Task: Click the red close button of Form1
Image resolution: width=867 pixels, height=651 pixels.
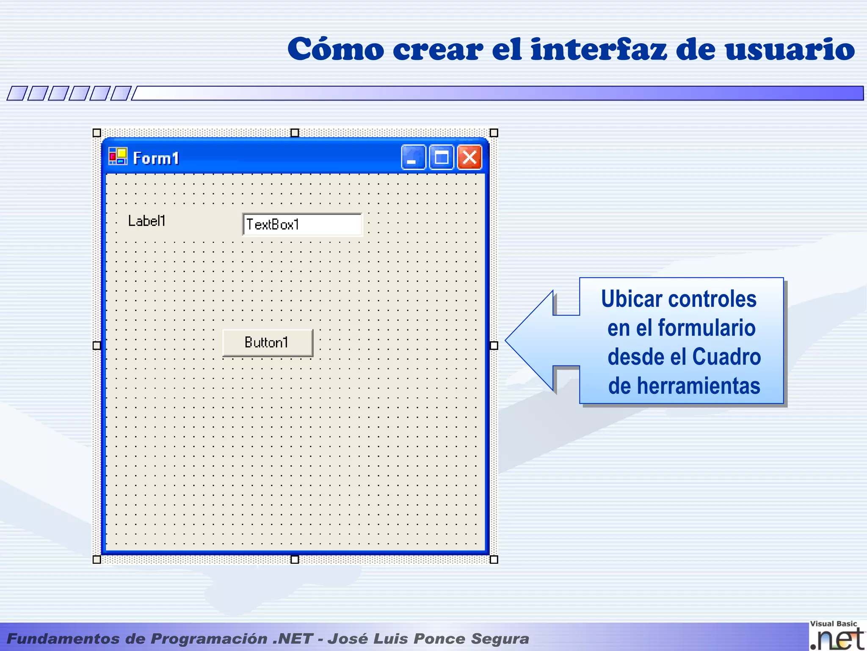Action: tap(469, 158)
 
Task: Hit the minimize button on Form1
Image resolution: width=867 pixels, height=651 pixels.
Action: tap(413, 158)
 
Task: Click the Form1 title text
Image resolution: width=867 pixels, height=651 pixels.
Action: tap(156, 159)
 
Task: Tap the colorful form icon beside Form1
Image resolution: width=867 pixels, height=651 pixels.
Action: tap(118, 156)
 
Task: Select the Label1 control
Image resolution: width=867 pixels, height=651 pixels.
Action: tap(146, 221)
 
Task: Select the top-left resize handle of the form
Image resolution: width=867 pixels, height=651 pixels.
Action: tap(97, 133)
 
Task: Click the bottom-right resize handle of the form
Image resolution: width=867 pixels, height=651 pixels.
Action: tap(494, 559)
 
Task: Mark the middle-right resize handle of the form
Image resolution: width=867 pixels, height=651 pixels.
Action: tap(494, 345)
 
